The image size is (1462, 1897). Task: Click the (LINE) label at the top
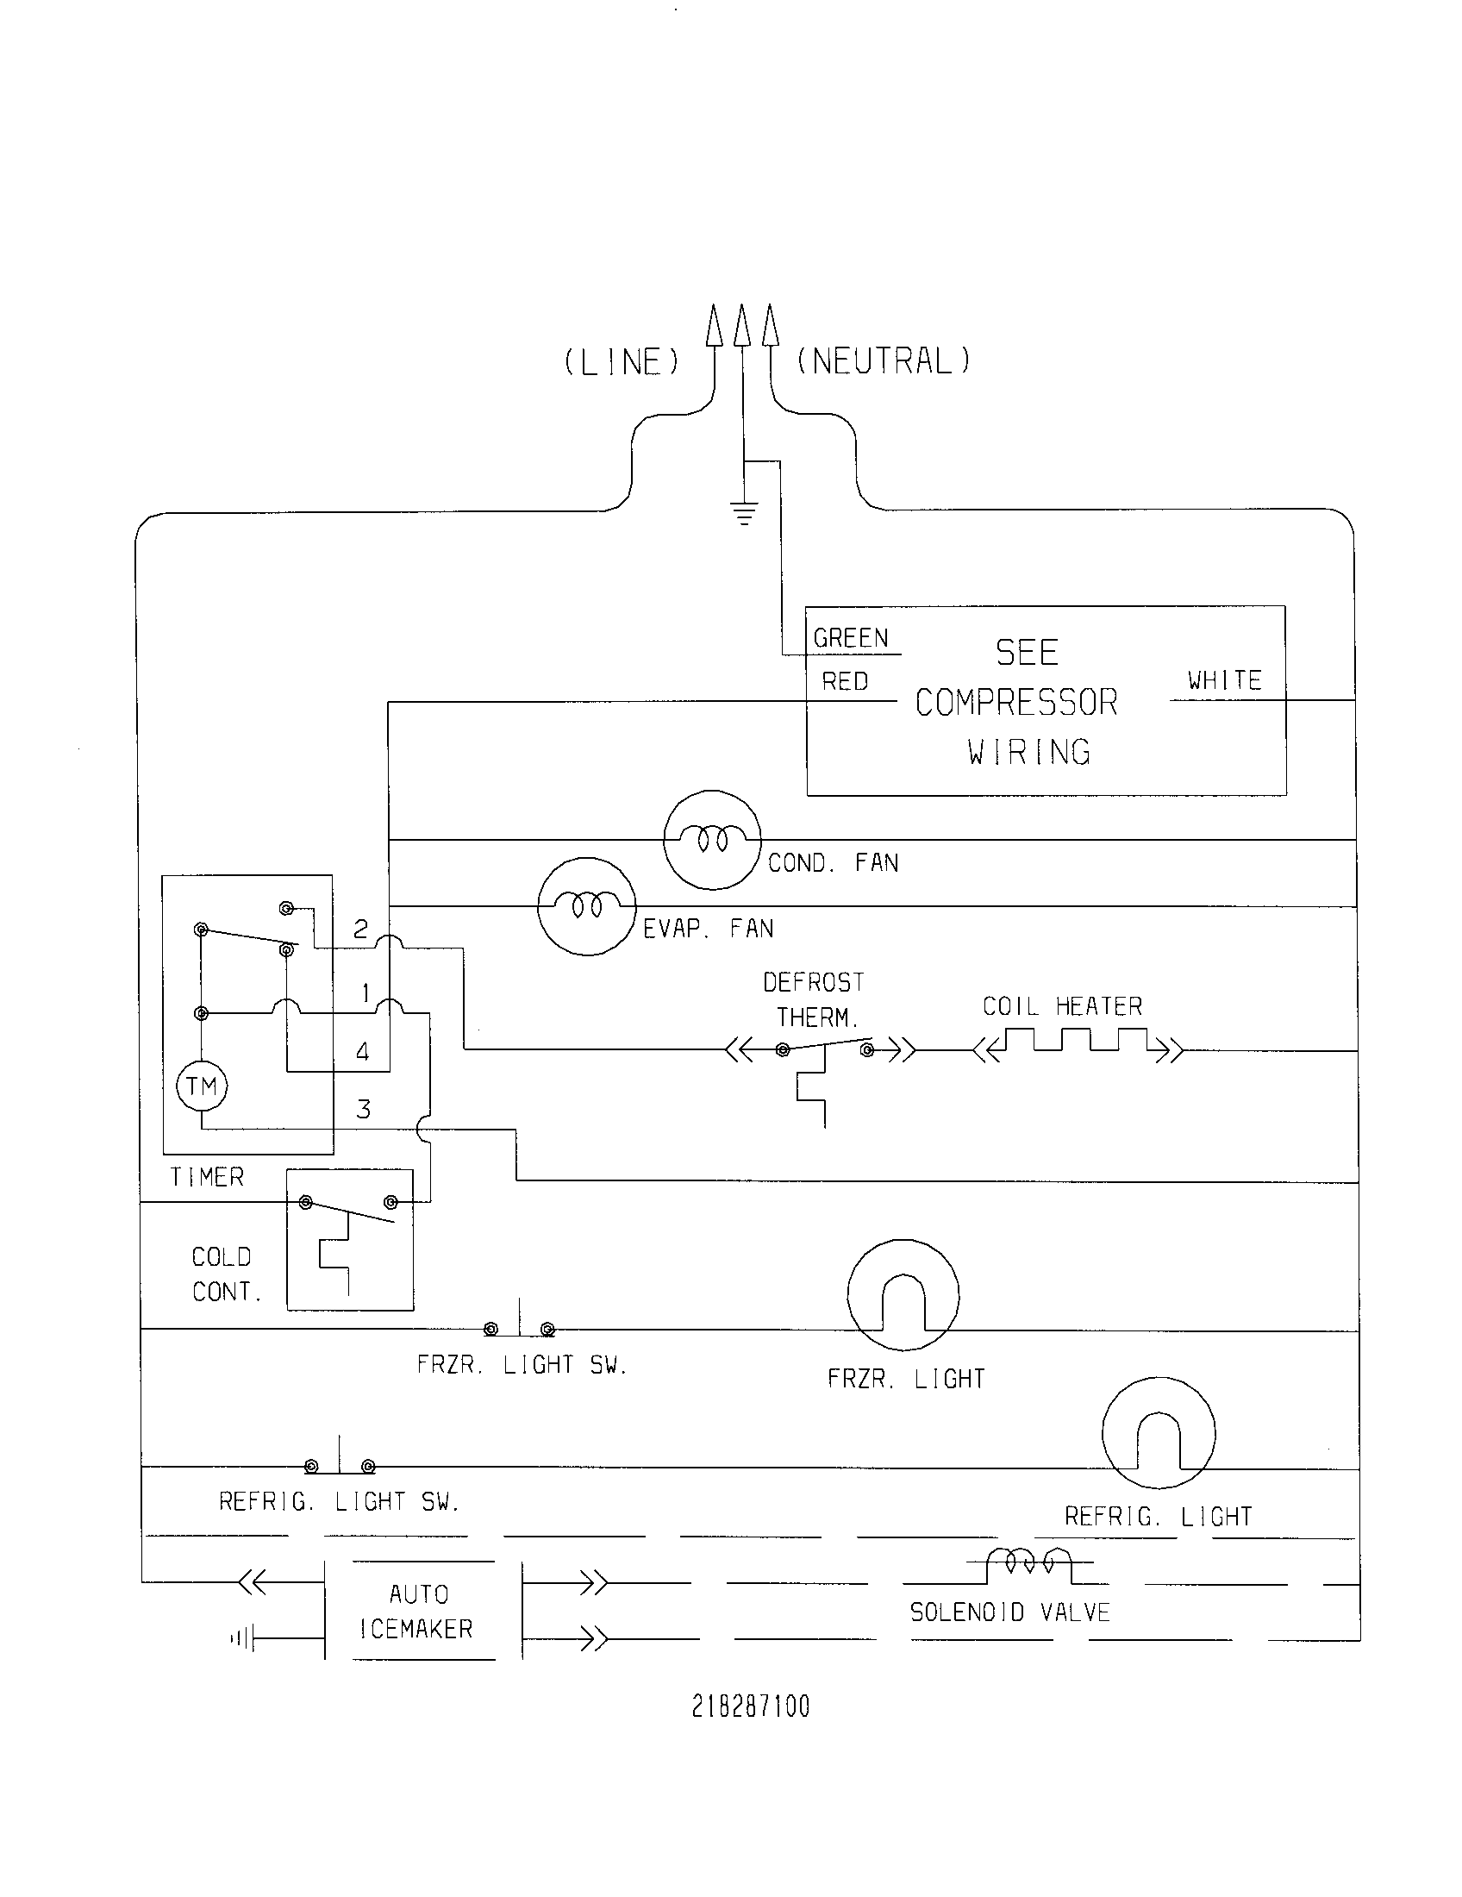click(622, 362)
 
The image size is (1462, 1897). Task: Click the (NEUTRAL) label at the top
click(883, 360)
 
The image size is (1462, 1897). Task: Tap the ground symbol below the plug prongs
click(744, 514)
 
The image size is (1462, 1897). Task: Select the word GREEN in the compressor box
click(851, 638)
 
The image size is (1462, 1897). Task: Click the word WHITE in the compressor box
click(1224, 680)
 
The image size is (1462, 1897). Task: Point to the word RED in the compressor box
click(845, 682)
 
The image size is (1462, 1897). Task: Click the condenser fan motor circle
click(712, 839)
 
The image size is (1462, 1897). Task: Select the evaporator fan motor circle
click(587, 906)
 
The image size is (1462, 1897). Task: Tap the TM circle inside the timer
click(202, 1086)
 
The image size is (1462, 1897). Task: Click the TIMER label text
click(208, 1177)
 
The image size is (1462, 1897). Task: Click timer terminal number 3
click(364, 1109)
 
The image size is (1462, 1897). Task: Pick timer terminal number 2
click(361, 930)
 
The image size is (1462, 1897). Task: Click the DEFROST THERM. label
click(815, 999)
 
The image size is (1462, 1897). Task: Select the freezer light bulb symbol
click(903, 1295)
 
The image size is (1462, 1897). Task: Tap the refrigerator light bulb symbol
click(1159, 1433)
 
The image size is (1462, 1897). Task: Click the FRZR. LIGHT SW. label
click(522, 1365)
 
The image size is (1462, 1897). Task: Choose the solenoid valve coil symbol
click(1028, 1563)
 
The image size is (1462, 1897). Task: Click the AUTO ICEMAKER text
click(417, 1612)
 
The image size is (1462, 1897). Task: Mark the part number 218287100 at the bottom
click(750, 1706)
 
